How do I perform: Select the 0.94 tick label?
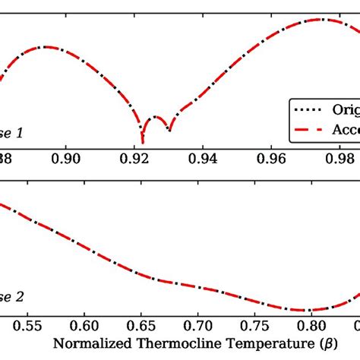coord(204,158)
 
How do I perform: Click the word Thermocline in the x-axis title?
coord(159,344)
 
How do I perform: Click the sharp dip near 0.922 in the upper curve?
coord(143,142)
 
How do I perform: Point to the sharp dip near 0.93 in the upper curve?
coord(169,130)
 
